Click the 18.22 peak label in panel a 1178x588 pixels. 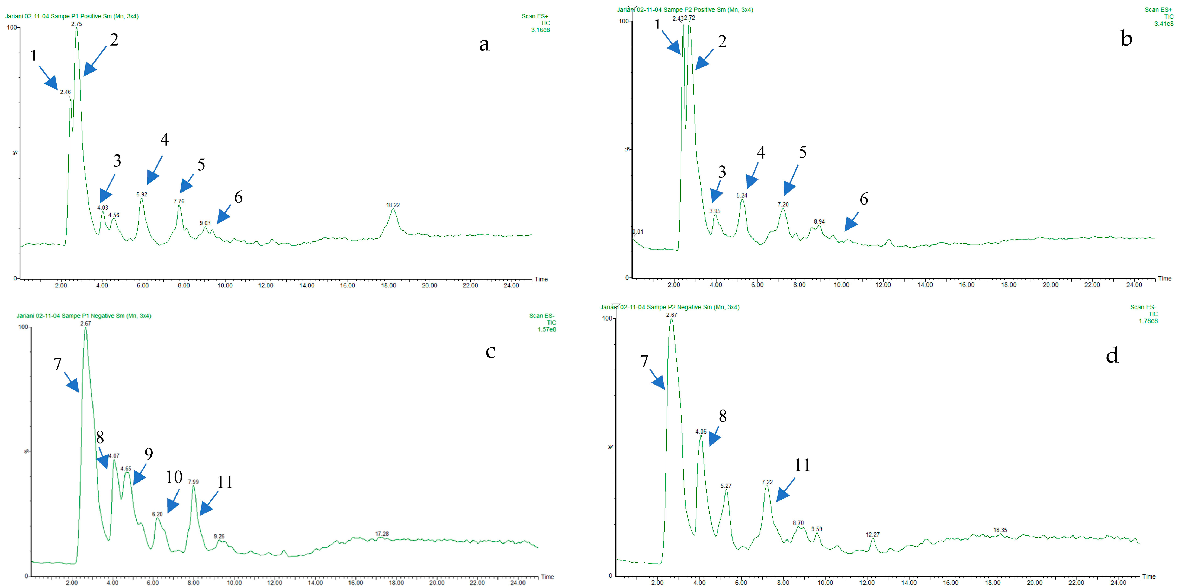pyautogui.click(x=393, y=205)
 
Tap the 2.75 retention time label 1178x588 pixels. pyautogui.click(x=76, y=24)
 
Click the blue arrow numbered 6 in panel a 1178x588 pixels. pyautogui.click(x=224, y=214)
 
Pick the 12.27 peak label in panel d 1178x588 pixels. pyautogui.click(x=872, y=535)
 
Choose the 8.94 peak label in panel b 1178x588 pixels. pyautogui.click(x=819, y=222)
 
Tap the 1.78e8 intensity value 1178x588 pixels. pyautogui.click(x=1148, y=321)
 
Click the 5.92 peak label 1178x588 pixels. pyautogui.click(x=142, y=195)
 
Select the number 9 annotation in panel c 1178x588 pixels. pyautogui.click(x=149, y=454)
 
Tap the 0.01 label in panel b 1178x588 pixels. pyautogui.click(x=638, y=232)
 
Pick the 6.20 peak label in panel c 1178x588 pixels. pyautogui.click(x=157, y=514)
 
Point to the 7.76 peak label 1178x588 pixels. pyautogui.click(x=179, y=201)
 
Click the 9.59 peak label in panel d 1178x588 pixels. pyautogui.click(x=816, y=529)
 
